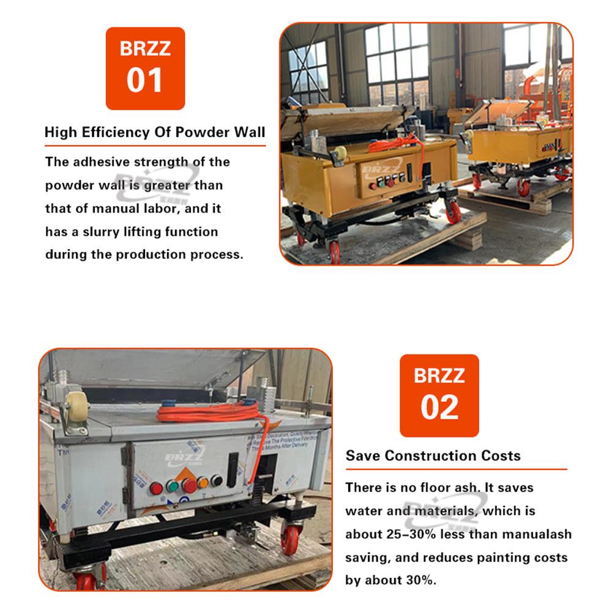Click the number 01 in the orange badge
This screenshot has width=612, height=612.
click(145, 81)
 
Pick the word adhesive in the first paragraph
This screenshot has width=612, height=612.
click(102, 162)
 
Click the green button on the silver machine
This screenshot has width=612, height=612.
click(173, 487)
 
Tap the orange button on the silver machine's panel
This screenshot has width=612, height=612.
click(203, 482)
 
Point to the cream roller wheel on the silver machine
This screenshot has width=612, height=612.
click(76, 404)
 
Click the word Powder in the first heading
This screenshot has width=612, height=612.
click(196, 132)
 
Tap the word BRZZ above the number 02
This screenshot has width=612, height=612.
click(439, 375)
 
